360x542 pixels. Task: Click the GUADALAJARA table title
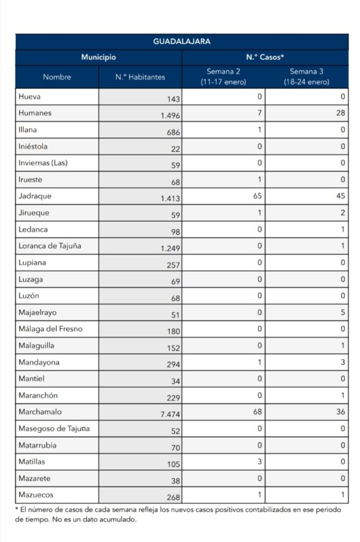(x=182, y=41)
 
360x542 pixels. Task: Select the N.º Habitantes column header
(x=140, y=77)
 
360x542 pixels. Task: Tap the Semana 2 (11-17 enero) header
(x=223, y=77)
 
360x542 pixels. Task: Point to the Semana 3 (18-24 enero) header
(x=307, y=77)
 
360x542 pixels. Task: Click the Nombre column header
(x=57, y=77)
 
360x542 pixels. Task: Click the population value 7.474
(x=170, y=414)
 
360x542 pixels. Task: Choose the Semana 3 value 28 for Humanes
(x=340, y=113)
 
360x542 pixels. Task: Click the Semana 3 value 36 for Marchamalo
(x=340, y=411)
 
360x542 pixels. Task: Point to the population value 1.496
(x=170, y=116)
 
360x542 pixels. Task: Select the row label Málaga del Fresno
(x=50, y=329)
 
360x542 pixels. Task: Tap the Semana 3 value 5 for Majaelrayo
(x=343, y=312)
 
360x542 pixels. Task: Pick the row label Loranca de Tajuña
(x=50, y=246)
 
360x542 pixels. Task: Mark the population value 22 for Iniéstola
(x=175, y=149)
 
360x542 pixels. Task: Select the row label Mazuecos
(x=35, y=494)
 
